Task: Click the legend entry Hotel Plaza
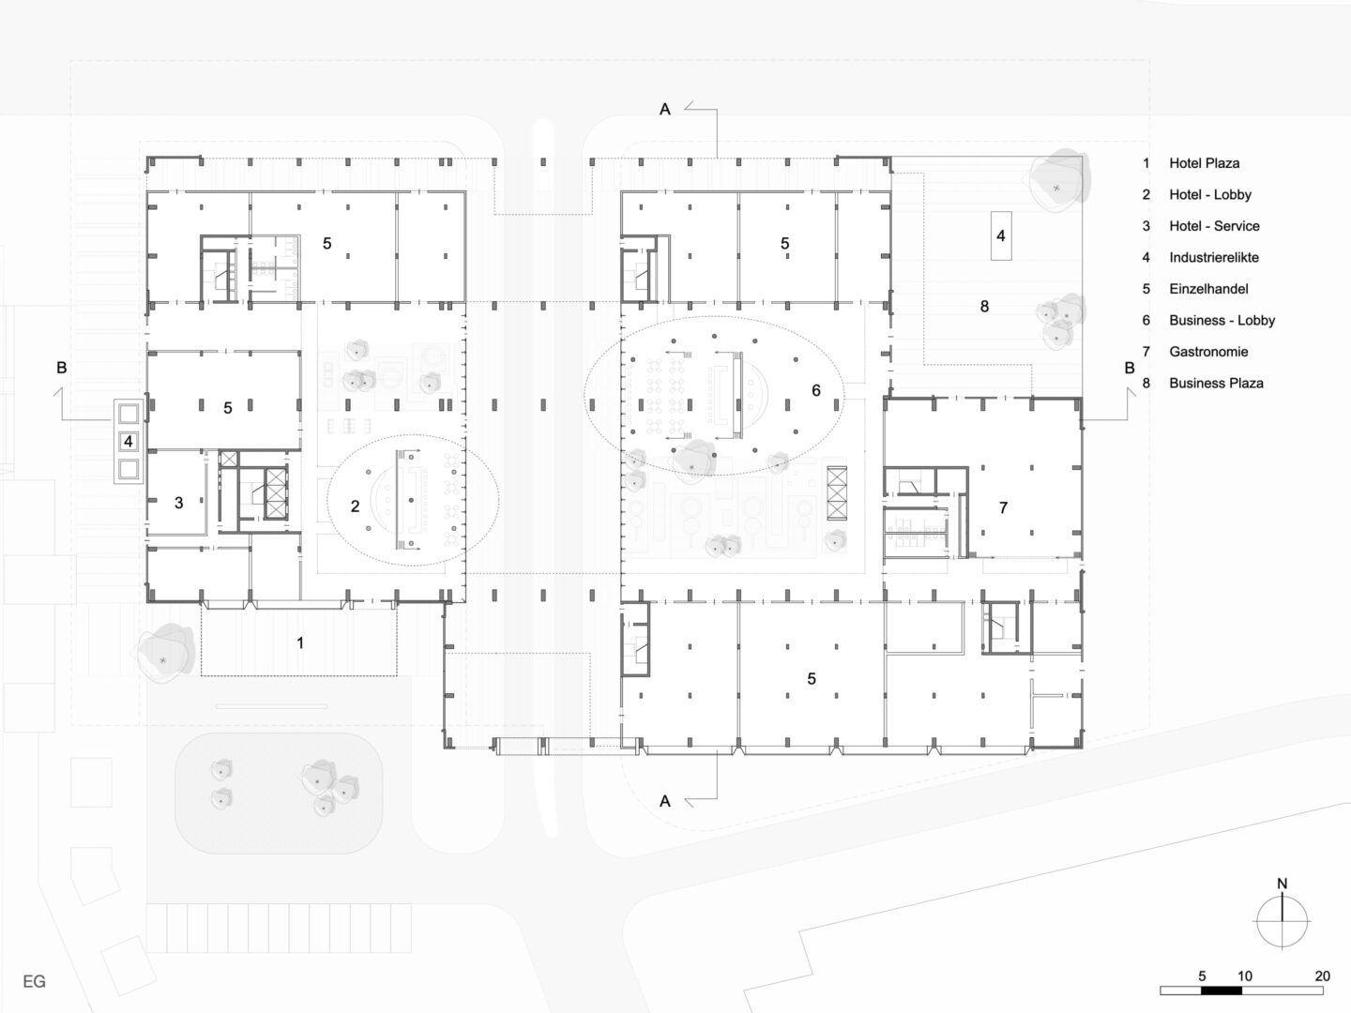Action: (x=1204, y=163)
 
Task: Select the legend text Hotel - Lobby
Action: (x=1209, y=195)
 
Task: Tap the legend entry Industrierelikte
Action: (x=1213, y=258)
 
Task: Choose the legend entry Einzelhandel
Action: (x=1207, y=289)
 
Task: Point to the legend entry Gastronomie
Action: (x=1207, y=352)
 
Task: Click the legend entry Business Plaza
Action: (x=1215, y=383)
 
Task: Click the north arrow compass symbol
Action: (x=1282, y=922)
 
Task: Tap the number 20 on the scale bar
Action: (x=1322, y=976)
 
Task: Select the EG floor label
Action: (x=35, y=982)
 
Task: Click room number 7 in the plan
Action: (x=1003, y=508)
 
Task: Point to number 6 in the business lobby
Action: (x=815, y=390)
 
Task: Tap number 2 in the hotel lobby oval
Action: (x=355, y=506)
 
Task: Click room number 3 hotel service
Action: (x=178, y=503)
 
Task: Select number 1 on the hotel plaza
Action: (x=300, y=643)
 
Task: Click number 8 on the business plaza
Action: (x=983, y=307)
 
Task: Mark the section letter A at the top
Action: (x=665, y=110)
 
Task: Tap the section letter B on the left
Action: (x=62, y=368)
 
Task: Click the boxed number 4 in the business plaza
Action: (x=1000, y=235)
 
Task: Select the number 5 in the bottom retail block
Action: (x=812, y=679)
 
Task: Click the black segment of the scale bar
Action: (x=1222, y=990)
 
